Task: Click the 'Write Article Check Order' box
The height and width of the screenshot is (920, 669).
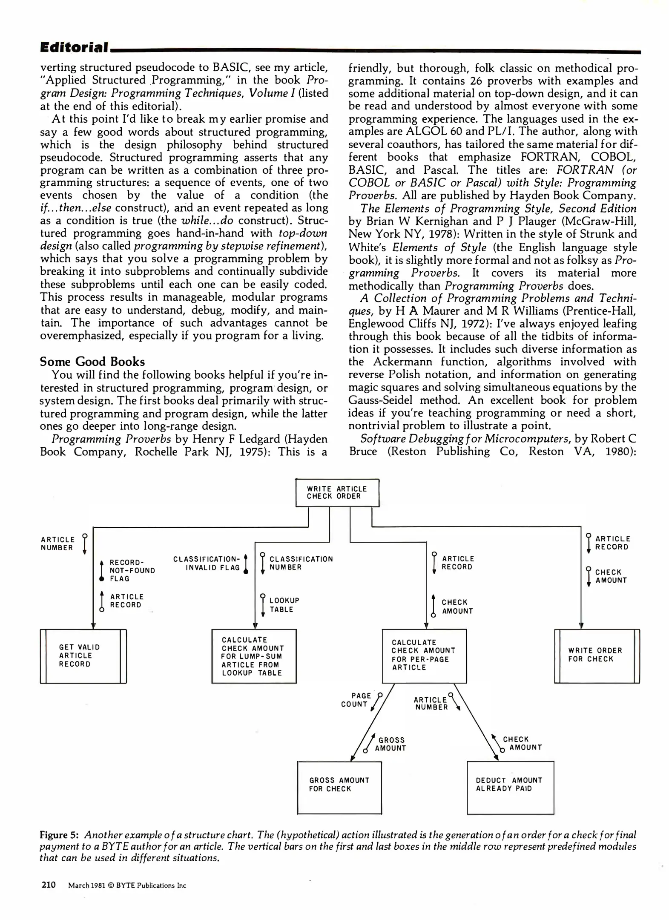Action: click(337, 492)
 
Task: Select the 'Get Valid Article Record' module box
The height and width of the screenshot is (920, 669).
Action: click(83, 656)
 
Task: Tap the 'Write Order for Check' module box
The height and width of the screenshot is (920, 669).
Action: click(597, 656)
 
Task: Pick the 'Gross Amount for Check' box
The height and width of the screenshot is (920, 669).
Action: click(339, 788)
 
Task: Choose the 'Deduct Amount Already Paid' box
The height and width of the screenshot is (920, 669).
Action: click(510, 788)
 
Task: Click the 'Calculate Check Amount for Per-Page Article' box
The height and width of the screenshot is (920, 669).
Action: click(424, 656)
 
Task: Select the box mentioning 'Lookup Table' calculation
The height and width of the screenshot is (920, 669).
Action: click(254, 656)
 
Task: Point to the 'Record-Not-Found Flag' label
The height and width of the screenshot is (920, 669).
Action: click(132, 570)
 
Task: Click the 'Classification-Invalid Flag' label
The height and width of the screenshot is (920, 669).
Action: click(207, 563)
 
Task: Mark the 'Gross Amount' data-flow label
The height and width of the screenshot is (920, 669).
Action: click(391, 744)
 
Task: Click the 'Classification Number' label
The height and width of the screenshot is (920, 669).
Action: click(301, 563)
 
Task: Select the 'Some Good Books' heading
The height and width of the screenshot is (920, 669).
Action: click(92, 362)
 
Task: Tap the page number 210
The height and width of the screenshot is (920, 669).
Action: click(49, 885)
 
